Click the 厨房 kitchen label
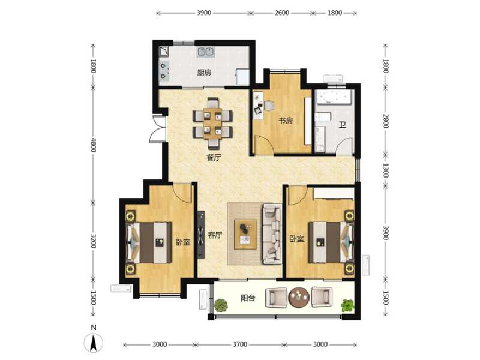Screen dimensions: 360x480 204,74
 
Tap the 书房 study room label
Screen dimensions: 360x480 285,121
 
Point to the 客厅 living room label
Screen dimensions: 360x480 215,236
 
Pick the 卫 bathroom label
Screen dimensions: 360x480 343,125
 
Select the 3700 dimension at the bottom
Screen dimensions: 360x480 239,344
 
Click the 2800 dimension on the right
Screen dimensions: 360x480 386,121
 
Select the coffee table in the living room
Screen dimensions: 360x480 246,233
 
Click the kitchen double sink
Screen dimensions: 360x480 206,52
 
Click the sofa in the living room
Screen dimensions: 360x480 272,233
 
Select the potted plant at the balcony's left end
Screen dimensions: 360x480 221,305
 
